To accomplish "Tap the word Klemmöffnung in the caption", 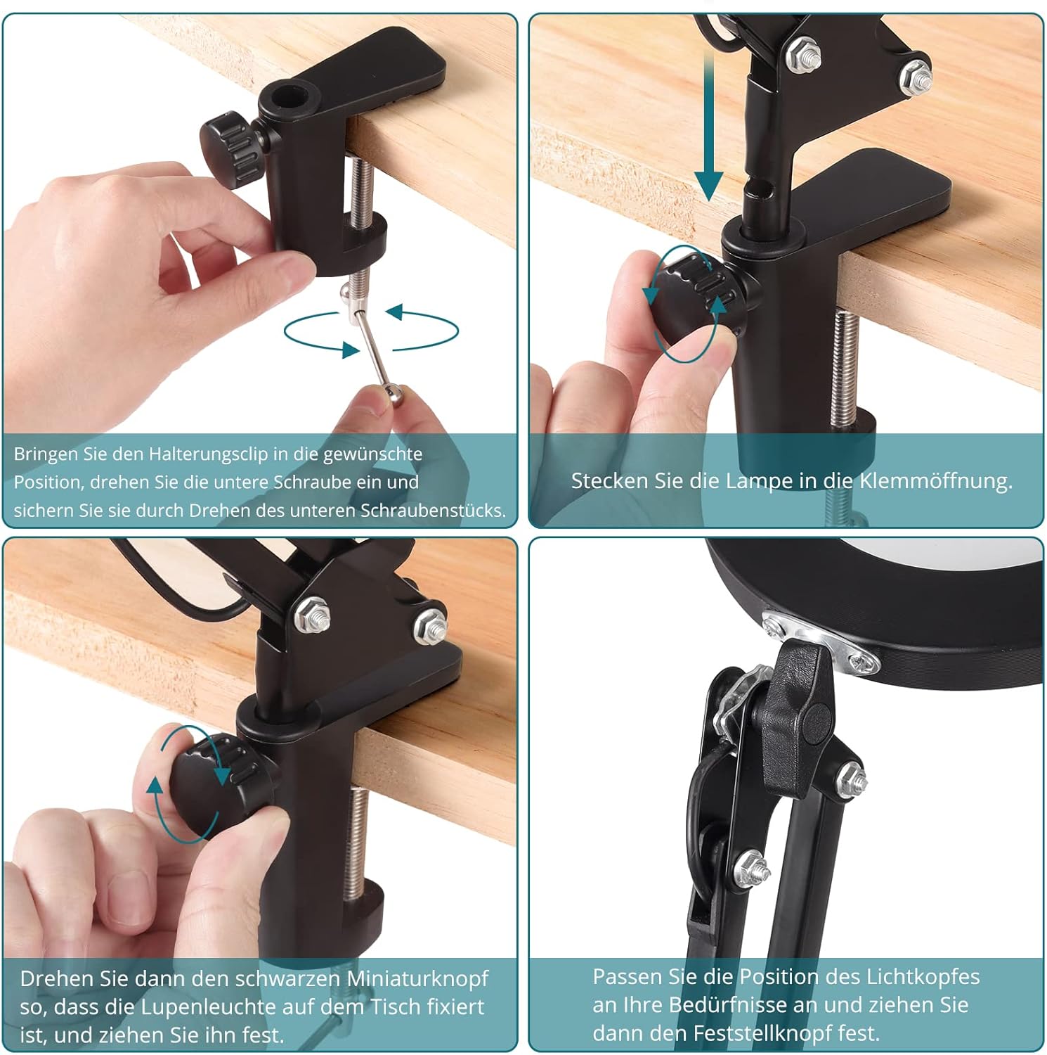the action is tap(936, 481).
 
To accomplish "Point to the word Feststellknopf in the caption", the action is tap(786, 1033).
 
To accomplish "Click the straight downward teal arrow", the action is tap(709, 127).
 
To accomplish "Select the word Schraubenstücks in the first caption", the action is tap(434, 511).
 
